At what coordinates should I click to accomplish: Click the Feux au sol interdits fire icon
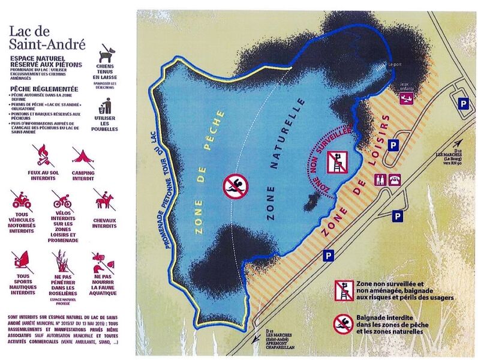pos(41,154)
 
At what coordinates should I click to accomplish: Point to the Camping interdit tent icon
pos(82,155)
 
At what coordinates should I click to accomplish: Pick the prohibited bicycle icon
pos(62,199)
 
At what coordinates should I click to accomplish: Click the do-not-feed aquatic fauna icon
pos(103,262)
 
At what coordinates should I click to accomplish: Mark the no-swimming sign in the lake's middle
pos(233,186)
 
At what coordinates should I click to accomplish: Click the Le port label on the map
pos(394,65)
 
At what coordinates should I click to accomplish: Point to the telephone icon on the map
pos(395,179)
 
